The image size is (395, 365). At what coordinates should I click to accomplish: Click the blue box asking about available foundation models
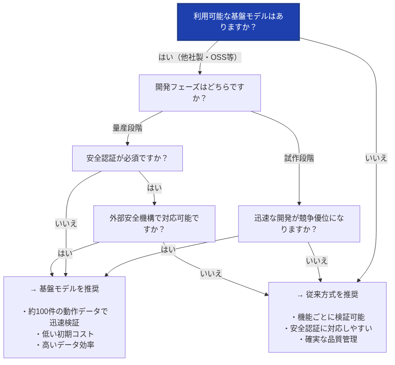(x=239, y=22)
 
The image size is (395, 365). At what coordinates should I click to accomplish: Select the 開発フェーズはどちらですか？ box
(x=199, y=93)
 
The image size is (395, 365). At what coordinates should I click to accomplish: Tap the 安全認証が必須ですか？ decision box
(x=127, y=158)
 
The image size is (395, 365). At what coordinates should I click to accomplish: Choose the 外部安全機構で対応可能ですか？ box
(x=154, y=224)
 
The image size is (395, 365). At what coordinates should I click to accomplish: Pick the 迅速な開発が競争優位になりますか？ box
(x=299, y=224)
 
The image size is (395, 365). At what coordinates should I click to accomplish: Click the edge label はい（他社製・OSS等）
(x=200, y=58)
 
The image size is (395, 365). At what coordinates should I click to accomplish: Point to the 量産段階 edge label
(x=127, y=128)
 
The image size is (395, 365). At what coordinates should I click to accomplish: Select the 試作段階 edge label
(x=299, y=158)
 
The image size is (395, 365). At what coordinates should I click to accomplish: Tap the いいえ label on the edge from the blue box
(x=376, y=158)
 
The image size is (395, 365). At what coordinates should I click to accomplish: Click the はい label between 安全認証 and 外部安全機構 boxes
(x=154, y=188)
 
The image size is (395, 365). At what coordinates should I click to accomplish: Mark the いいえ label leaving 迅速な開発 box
(x=317, y=261)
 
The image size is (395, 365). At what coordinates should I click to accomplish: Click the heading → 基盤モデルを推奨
(x=65, y=289)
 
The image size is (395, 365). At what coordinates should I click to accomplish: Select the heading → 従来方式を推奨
(x=328, y=295)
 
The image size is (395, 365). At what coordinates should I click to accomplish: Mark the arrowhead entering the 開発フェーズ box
(x=200, y=72)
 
